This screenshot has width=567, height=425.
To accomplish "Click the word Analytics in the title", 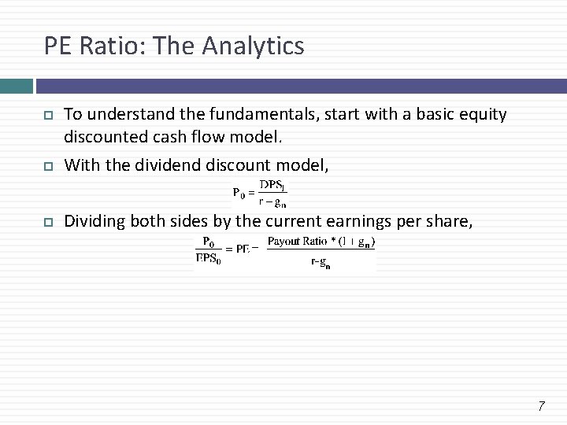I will (253, 46).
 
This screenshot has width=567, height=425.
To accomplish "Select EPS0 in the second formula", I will (209, 259).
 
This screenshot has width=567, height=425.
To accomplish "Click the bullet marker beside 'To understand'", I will (47, 116).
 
